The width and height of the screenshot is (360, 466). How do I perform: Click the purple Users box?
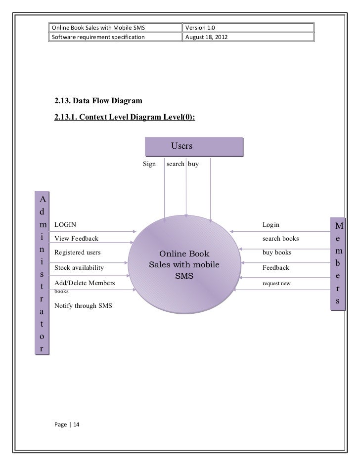194,147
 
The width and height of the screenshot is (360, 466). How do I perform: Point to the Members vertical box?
339,265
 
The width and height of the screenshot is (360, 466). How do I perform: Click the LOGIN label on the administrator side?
65,225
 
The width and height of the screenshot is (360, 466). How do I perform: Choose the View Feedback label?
76,239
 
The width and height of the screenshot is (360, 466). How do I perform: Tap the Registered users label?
77,253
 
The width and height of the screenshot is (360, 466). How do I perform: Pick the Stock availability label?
79,268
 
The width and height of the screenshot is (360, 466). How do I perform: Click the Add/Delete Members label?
85,283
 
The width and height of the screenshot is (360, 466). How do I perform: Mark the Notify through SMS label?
83,306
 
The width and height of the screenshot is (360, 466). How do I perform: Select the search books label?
281,239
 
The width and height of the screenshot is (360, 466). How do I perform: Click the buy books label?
277,253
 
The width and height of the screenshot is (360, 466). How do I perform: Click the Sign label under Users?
149,164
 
